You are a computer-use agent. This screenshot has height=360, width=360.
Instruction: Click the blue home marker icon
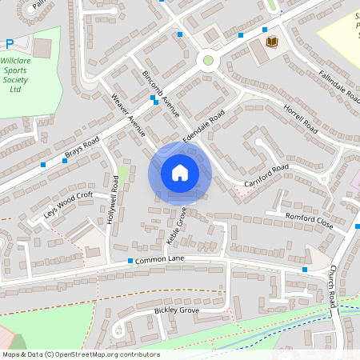tap(180, 173)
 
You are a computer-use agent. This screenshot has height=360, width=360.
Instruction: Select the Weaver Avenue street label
tap(128, 115)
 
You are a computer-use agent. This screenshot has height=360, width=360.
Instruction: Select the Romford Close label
tap(309, 222)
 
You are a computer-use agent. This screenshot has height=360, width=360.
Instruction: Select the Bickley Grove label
tap(176, 310)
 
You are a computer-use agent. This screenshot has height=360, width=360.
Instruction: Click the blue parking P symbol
tap(9, 45)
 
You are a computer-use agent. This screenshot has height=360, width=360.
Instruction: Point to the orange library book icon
tap(271, 42)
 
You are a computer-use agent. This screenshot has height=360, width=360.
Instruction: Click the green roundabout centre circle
tap(209, 60)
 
